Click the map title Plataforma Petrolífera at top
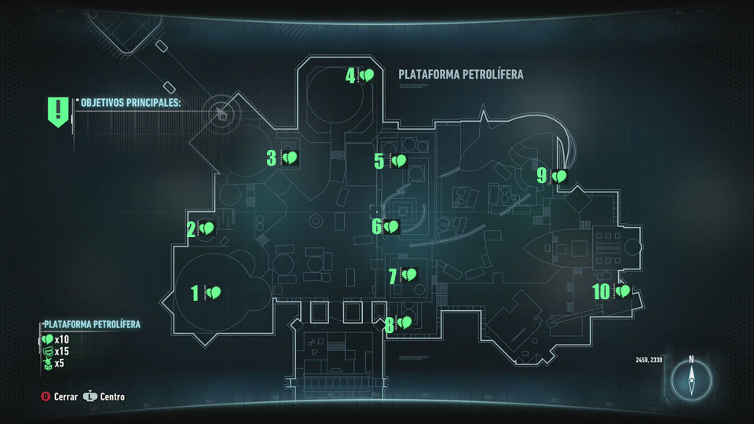461,75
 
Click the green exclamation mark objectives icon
58,111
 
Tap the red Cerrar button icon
46,397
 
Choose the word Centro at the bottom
112,397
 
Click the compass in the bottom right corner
691,381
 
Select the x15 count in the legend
62,351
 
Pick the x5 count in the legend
60,363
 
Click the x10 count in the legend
62,339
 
